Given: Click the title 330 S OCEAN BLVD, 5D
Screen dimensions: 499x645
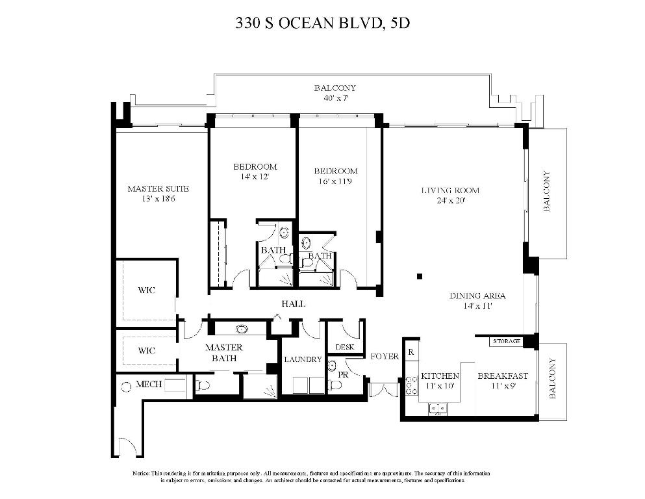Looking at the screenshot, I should coord(323,24).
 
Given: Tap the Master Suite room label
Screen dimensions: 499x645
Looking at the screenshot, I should coord(158,189).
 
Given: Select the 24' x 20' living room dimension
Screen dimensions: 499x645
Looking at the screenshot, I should coord(450,201).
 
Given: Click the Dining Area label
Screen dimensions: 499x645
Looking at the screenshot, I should coord(477,296).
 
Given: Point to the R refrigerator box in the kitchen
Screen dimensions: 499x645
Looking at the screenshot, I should coord(411,352).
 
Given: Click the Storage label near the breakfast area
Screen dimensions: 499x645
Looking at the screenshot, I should coord(507,340).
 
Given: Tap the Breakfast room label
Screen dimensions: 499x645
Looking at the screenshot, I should coord(503,376).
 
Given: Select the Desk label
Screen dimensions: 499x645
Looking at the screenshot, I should coord(346,347).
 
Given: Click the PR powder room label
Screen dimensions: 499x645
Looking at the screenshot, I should coord(343,376).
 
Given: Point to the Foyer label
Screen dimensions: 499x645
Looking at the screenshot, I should coord(385,357).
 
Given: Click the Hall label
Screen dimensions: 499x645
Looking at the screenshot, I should coord(294,304).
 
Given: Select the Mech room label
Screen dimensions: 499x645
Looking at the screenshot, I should coord(148,385).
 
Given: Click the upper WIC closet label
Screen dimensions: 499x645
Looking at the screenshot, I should coord(147,290).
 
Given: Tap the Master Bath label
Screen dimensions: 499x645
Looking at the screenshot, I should coord(223,353).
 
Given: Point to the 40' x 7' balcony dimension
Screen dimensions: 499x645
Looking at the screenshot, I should coord(335,98).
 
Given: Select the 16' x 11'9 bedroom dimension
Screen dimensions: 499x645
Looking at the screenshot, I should coord(335,181).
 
